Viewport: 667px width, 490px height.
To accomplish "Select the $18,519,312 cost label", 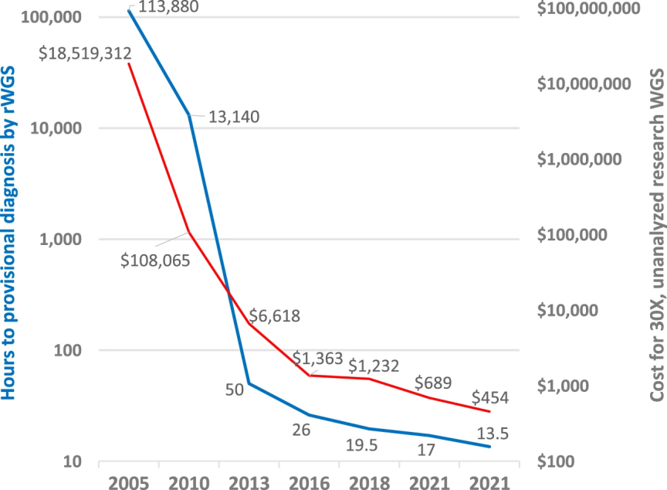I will point(86,53).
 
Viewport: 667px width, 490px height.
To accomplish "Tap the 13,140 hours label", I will point(234,117).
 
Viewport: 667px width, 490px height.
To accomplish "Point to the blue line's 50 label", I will point(235,389).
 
